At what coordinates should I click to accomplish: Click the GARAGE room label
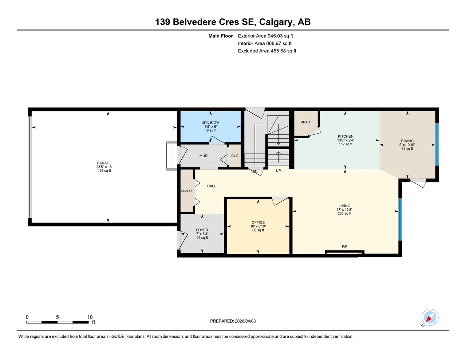click(104, 163)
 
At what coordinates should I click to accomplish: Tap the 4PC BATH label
click(210, 123)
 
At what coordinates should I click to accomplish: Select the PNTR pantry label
click(305, 122)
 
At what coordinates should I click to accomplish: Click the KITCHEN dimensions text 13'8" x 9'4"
click(345, 140)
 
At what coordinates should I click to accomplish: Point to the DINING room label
click(407, 141)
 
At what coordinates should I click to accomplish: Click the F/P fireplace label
click(344, 247)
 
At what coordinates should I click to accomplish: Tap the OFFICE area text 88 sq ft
click(258, 230)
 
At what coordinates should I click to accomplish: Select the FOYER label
click(202, 230)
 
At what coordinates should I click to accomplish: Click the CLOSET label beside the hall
click(186, 191)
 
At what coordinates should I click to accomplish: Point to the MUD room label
click(203, 156)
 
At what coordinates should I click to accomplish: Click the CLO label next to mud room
click(235, 156)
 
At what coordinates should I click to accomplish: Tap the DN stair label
click(255, 171)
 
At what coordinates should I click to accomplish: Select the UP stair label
click(278, 170)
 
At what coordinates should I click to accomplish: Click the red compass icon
click(430, 317)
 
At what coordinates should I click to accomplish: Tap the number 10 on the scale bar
click(90, 317)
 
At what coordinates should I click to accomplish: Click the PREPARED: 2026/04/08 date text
click(233, 321)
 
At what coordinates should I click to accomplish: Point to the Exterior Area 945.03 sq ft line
click(265, 36)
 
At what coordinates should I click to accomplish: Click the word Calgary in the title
click(276, 22)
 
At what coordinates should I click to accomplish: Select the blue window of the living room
click(400, 219)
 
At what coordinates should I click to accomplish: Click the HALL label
click(212, 186)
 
